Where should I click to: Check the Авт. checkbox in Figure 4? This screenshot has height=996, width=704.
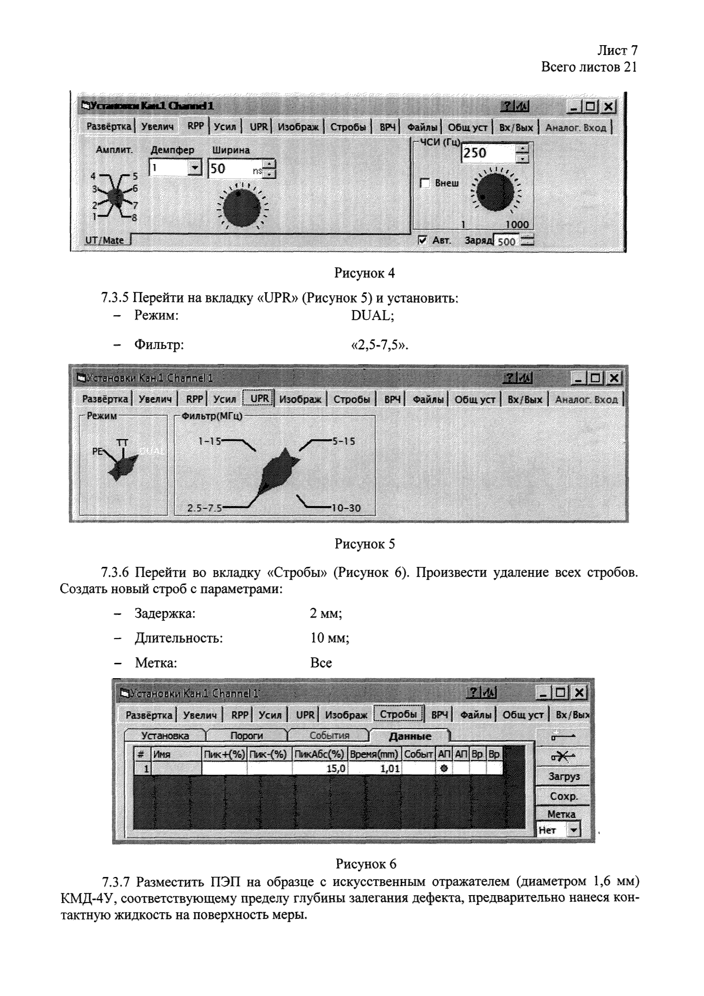(423, 240)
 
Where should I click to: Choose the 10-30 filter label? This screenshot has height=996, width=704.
(346, 508)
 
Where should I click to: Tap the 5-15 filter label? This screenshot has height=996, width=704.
(343, 441)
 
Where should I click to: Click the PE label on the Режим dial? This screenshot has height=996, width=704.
(97, 452)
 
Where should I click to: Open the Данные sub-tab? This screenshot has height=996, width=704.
(410, 736)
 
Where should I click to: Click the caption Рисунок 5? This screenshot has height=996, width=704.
(365, 544)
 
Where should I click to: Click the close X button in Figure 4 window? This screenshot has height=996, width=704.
(609, 106)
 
